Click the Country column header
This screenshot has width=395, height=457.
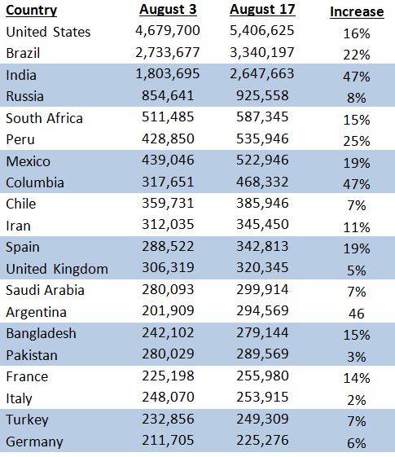pyautogui.click(x=31, y=11)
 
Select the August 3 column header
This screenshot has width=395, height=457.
pyautogui.click(x=168, y=10)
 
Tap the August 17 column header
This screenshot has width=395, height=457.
pyautogui.click(x=262, y=10)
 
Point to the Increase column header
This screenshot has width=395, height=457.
pyautogui.click(x=357, y=12)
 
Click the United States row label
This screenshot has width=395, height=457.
pyautogui.click(x=48, y=32)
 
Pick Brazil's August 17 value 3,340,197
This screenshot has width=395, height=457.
pyautogui.click(x=262, y=53)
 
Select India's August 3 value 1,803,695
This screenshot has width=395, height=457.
pyautogui.click(x=168, y=74)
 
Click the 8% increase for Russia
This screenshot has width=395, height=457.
pyautogui.click(x=357, y=98)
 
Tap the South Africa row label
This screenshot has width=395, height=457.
pyautogui.click(x=44, y=118)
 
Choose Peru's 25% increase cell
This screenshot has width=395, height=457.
pyautogui.click(x=357, y=141)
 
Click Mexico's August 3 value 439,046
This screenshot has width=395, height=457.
pyautogui.click(x=168, y=160)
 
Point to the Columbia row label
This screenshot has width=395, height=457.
pyautogui.click(x=35, y=182)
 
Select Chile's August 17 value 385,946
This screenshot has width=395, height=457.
pyautogui.click(x=262, y=203)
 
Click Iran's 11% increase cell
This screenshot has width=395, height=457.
pyautogui.click(x=357, y=227)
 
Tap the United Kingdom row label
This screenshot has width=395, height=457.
pyautogui.click(x=57, y=269)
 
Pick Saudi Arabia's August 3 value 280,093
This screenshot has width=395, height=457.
pyautogui.click(x=168, y=289)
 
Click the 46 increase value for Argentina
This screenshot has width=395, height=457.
pyautogui.click(x=356, y=314)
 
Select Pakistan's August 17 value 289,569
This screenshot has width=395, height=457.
pyautogui.click(x=262, y=354)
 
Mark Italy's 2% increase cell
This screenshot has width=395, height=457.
pyautogui.click(x=357, y=400)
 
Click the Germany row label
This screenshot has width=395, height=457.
pyautogui.click(x=34, y=442)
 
